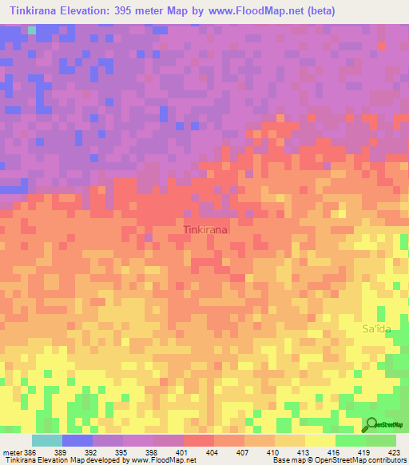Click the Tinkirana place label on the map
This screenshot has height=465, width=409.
click(x=205, y=229)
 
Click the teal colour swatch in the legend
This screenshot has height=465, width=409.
click(x=46, y=440)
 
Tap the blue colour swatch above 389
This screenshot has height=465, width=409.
click(x=77, y=440)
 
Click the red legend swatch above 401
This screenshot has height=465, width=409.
click(x=198, y=440)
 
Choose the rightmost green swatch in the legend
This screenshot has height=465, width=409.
click(x=380, y=440)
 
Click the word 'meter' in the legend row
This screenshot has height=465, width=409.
click(x=13, y=452)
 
